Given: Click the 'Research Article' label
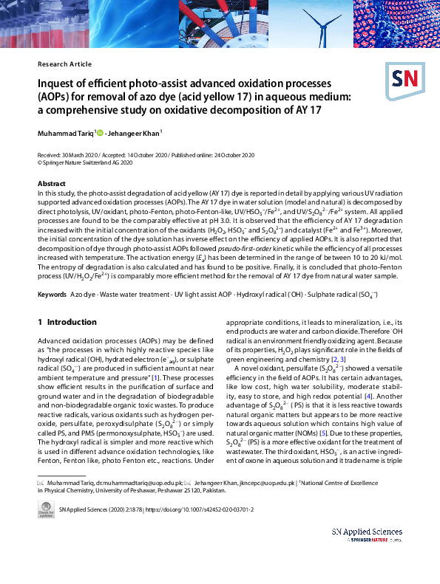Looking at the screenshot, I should [64, 64].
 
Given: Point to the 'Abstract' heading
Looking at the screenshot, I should [51, 183].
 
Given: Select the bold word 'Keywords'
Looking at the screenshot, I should [52, 295].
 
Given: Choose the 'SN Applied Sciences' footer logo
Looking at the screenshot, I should [367, 535].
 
